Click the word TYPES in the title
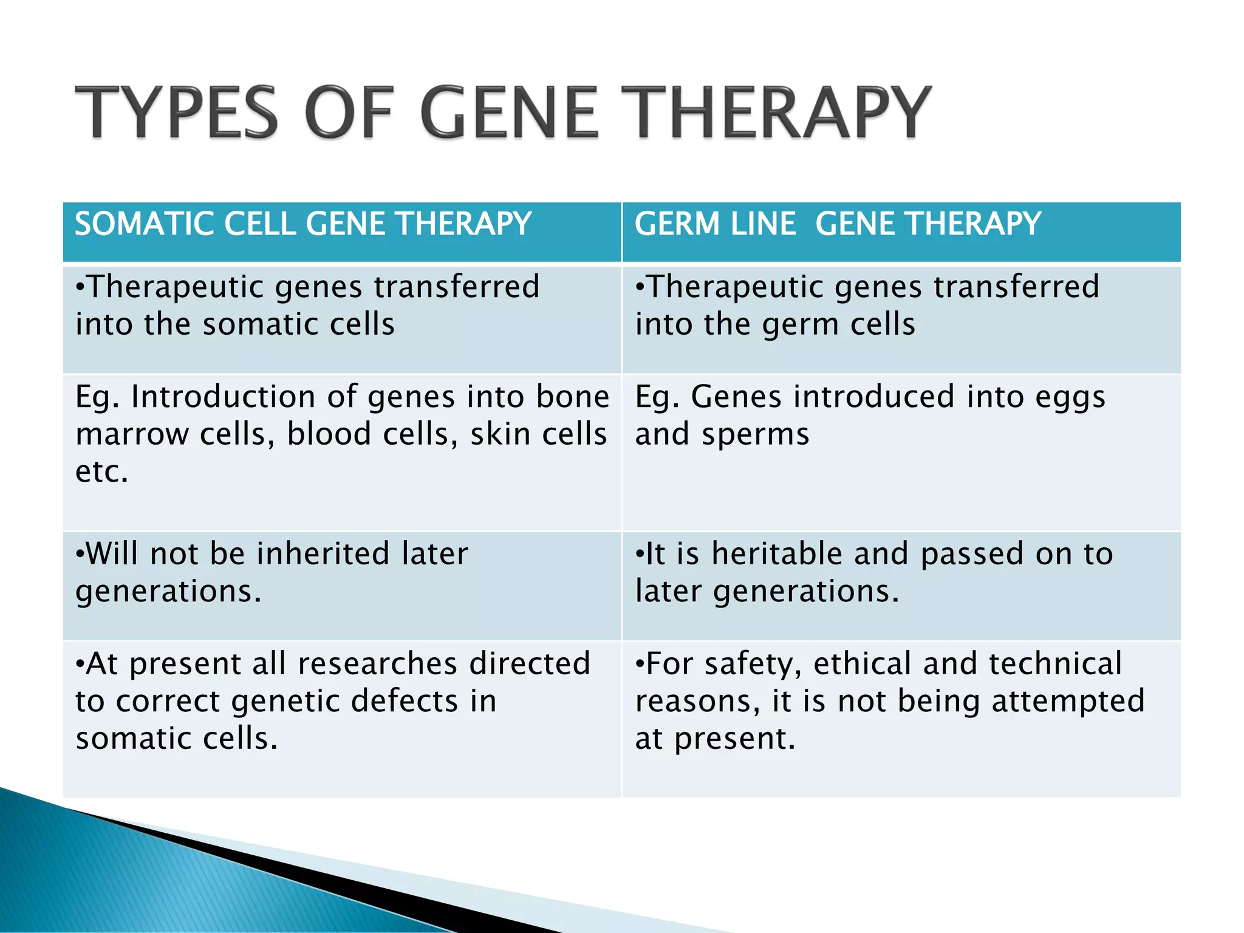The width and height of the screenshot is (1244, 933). point(176,112)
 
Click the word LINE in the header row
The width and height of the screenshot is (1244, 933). point(762,224)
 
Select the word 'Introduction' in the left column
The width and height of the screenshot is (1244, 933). point(222,397)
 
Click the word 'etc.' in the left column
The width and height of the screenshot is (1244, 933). point(101,471)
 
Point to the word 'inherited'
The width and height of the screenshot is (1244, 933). point(323,553)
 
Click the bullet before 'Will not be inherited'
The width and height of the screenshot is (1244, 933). point(80,555)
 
